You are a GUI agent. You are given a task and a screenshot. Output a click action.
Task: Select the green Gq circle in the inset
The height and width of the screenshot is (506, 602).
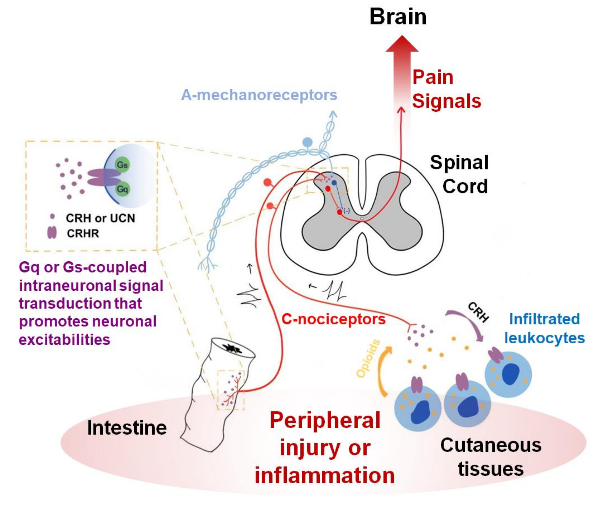123,189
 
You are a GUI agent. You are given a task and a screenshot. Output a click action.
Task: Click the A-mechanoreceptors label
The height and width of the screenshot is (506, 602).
259,95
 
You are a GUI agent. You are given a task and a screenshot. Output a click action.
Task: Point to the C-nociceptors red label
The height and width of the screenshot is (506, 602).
333,319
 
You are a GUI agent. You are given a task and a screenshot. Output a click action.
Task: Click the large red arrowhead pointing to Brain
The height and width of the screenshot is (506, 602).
402,45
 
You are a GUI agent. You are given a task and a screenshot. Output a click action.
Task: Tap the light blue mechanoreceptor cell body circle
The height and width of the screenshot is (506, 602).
307,142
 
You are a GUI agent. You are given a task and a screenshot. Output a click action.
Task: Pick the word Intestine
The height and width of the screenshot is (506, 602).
127,428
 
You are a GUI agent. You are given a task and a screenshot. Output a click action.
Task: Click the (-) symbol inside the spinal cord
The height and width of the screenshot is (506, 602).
347,211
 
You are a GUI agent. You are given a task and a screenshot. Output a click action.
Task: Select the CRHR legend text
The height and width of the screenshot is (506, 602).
83,234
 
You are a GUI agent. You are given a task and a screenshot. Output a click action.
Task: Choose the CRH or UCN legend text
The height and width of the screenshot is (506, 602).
100,218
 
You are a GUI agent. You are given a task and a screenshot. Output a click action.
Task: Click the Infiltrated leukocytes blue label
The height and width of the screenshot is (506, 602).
544,328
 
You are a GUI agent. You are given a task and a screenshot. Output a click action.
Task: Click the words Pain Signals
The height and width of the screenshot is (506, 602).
446,89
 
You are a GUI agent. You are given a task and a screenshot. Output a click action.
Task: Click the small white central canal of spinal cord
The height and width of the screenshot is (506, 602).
362,219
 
